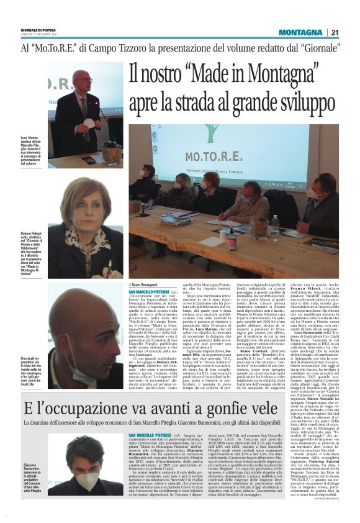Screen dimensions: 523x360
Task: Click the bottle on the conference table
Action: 274,229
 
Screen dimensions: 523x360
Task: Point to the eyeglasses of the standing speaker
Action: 83,82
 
